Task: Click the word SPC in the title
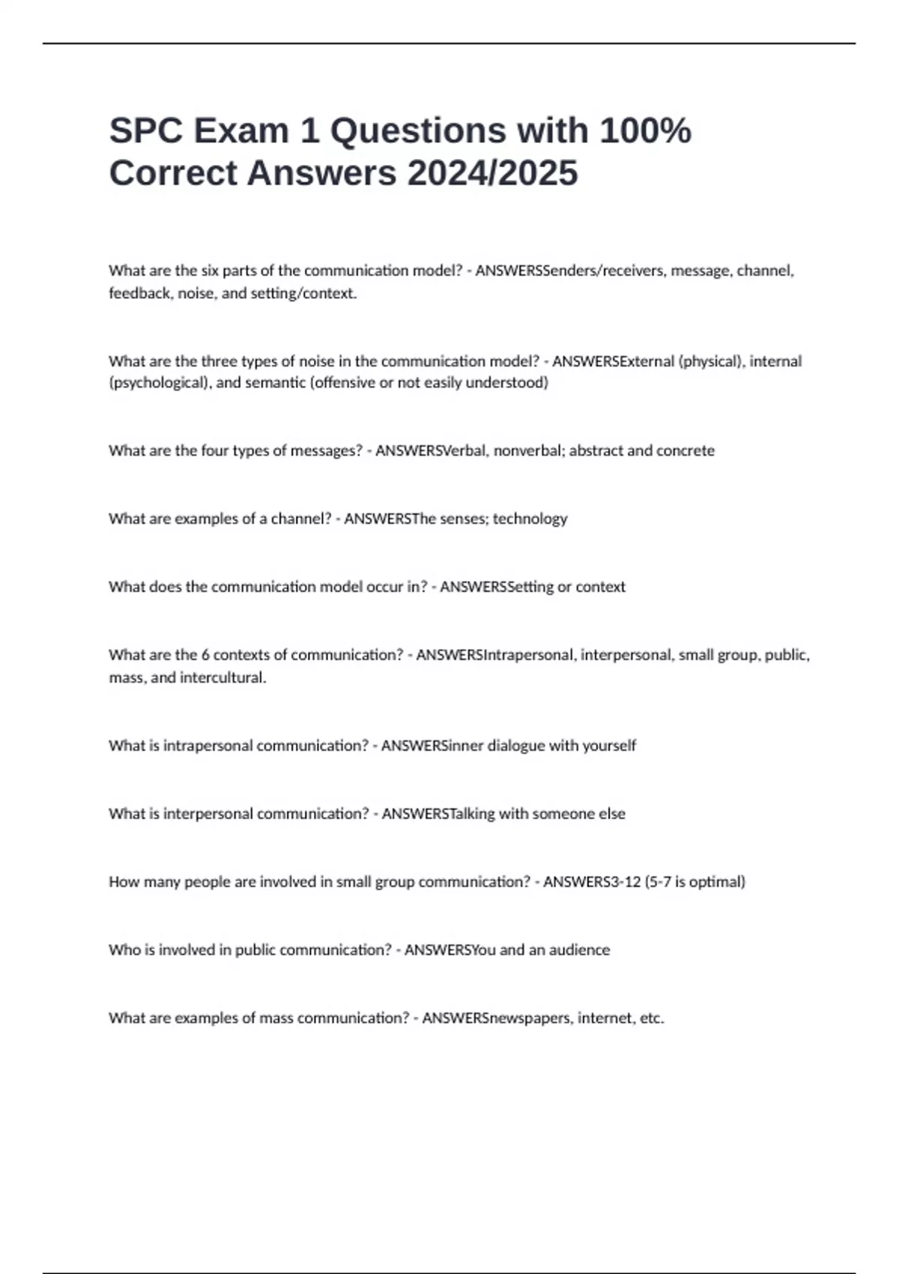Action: [x=146, y=131]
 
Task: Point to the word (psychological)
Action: [x=159, y=383]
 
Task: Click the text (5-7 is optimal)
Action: [x=694, y=882]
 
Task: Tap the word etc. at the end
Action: [x=652, y=1018]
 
